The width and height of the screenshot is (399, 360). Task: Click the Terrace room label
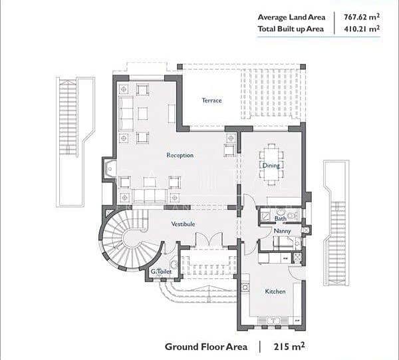pyautogui.click(x=211, y=100)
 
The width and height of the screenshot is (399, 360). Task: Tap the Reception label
pyautogui.click(x=180, y=155)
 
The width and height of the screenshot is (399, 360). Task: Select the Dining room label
pyautogui.click(x=271, y=166)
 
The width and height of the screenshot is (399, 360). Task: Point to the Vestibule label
pyautogui.click(x=184, y=224)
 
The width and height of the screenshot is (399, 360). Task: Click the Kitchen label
pyautogui.click(x=275, y=291)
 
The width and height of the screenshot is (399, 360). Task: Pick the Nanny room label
pyautogui.click(x=282, y=231)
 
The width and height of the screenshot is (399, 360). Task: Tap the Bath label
pyautogui.click(x=281, y=218)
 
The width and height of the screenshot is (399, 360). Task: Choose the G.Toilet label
pyautogui.click(x=161, y=271)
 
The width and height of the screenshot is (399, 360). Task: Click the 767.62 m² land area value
pyautogui.click(x=362, y=17)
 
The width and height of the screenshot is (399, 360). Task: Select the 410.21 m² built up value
pyautogui.click(x=362, y=29)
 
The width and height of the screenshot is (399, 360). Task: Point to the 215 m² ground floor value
pyautogui.click(x=289, y=347)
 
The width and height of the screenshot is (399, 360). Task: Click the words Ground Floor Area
pyautogui.click(x=206, y=347)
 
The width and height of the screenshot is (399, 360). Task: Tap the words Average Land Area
pyautogui.click(x=291, y=17)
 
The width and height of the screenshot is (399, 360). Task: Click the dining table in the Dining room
pyautogui.click(x=271, y=164)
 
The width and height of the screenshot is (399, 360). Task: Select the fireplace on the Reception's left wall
pyautogui.click(x=109, y=169)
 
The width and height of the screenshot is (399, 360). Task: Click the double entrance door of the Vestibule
pyautogui.click(x=209, y=239)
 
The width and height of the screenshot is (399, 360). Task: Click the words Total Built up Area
pyautogui.click(x=291, y=29)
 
